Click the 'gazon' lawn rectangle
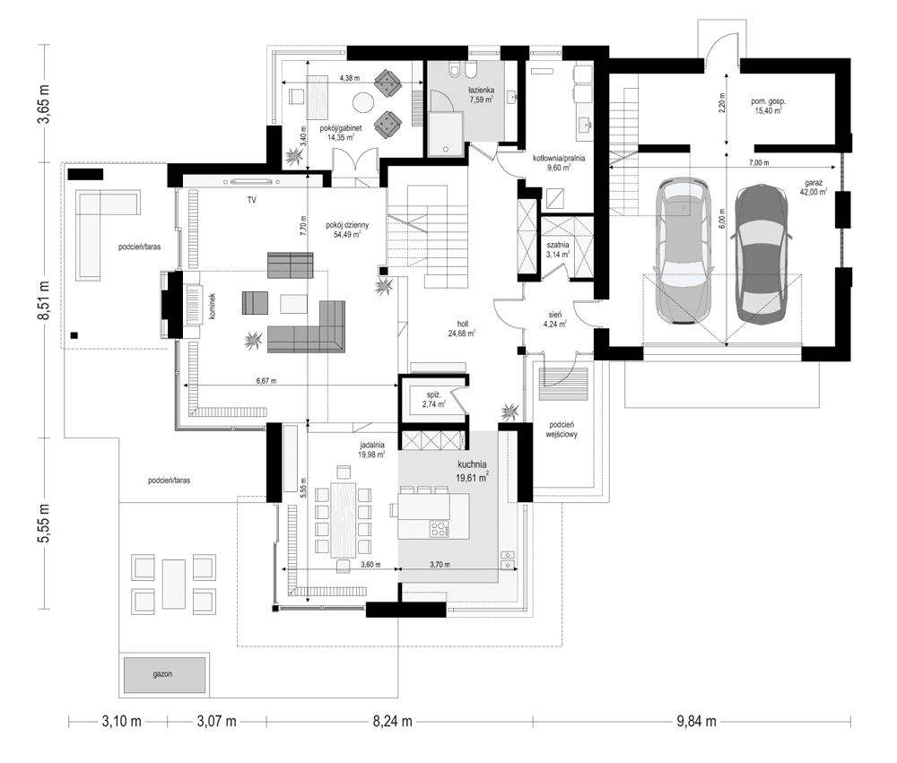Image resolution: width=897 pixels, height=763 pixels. [x=162, y=672]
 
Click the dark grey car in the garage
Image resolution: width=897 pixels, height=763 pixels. [x=762, y=253]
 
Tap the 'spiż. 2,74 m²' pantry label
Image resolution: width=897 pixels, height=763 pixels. [x=433, y=399]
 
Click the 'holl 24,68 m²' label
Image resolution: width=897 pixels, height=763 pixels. [x=463, y=329]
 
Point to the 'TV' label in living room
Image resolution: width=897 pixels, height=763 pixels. [x=253, y=202]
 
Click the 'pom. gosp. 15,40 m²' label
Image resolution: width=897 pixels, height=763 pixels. [x=768, y=108]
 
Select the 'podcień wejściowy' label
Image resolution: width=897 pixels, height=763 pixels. [x=562, y=429]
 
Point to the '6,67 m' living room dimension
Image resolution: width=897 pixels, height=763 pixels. [x=266, y=381]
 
